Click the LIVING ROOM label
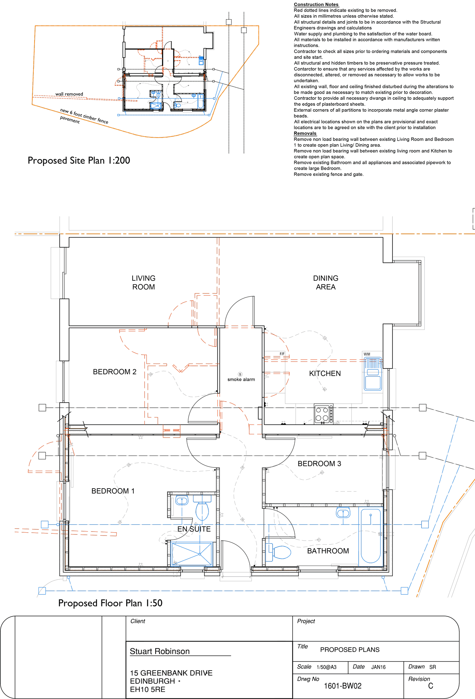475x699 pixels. pos(144,283)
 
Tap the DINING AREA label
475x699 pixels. pos(326,283)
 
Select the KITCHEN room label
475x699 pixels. pos(325,374)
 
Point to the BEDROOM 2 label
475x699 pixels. pos(114,372)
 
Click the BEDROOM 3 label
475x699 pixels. pos(319,464)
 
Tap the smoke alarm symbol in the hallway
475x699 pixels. pos(240,374)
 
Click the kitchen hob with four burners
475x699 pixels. pos(323,414)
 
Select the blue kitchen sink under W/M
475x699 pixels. pos(373,374)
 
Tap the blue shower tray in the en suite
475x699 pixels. pos(192,554)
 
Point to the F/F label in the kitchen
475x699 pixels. pos(282,354)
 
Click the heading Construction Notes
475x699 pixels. pos(316,4)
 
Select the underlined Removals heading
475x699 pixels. pos(305,133)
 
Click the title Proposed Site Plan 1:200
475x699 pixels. pos(79,161)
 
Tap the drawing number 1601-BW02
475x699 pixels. pos(343,686)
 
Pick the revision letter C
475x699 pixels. pos(431,686)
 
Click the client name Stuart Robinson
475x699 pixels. pos(160,651)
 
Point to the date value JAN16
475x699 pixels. pos(378,667)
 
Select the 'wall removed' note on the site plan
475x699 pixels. pos(69,94)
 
